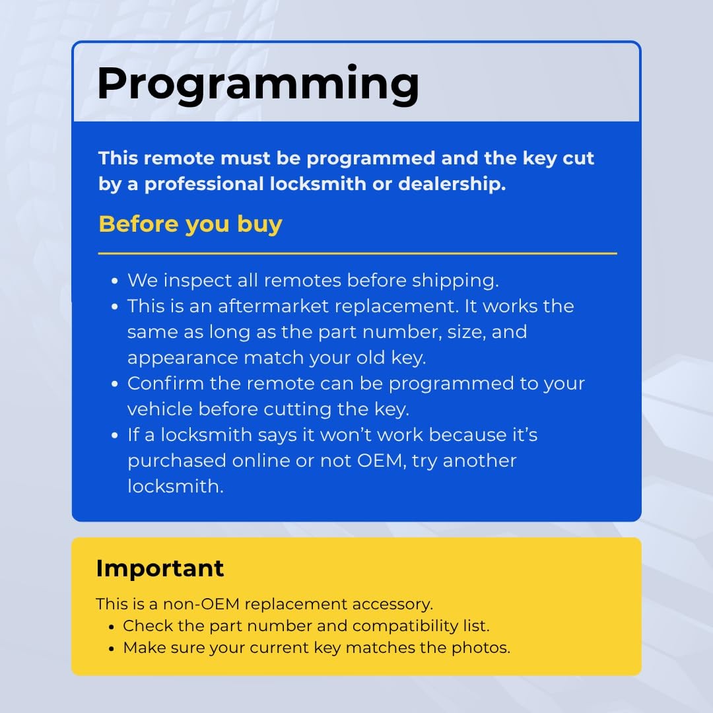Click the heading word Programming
point(258,85)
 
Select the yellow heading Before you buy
point(191,224)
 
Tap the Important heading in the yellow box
point(160,568)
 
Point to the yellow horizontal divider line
point(357,254)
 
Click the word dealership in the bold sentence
point(452,184)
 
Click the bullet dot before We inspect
point(115,281)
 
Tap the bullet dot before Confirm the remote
point(115,384)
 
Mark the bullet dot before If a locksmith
point(115,436)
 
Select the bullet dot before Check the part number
point(112,627)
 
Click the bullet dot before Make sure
point(112,649)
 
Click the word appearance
point(183,358)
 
